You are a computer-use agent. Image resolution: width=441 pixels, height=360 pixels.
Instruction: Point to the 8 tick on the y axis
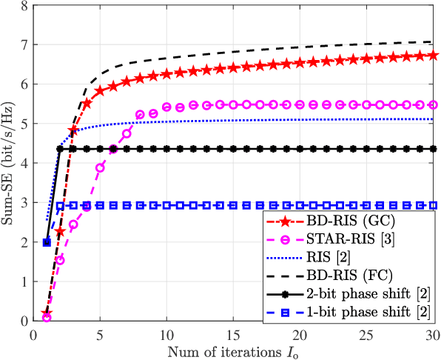[26, 5]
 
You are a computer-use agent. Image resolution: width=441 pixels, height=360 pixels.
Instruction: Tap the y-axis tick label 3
[26, 203]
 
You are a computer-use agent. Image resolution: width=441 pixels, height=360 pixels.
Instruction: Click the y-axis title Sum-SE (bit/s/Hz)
[9, 163]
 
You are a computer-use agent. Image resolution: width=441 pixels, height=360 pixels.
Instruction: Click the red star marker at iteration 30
[433, 55]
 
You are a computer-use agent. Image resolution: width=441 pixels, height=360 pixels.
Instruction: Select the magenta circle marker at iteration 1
[47, 318]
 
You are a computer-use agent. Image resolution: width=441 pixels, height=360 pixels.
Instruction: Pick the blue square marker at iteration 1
[47, 242]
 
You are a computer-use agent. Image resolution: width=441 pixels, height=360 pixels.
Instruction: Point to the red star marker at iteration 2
[60, 231]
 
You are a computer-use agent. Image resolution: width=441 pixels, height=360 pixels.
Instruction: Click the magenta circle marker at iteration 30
[433, 105]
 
